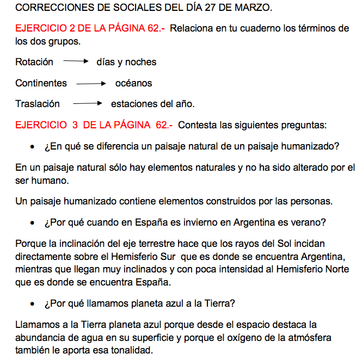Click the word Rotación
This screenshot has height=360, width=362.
point(34,62)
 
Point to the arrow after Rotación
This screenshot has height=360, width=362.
point(76,62)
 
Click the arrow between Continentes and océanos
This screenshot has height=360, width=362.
point(91,84)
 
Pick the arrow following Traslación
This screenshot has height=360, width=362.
point(88,103)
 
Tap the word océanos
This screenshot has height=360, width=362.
point(133,83)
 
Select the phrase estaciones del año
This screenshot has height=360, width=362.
point(152,103)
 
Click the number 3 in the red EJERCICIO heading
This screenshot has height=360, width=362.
point(74,125)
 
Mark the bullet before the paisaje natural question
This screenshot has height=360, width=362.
point(33,147)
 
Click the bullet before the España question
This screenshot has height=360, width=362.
point(33,223)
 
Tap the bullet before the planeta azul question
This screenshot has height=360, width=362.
point(33,303)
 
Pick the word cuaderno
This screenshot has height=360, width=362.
point(246,28)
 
